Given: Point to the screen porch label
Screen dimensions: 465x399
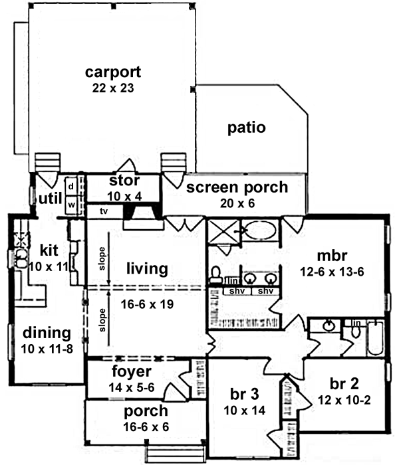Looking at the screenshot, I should tap(237, 187).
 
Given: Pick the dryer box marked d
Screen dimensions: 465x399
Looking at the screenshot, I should tap(70, 185).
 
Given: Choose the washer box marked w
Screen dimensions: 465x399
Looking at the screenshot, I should tap(70, 205).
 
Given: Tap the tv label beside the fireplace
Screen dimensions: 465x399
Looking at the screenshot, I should tap(102, 211).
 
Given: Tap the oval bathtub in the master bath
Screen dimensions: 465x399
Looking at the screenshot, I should tap(258, 232).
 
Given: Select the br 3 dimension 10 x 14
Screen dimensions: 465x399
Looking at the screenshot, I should tap(245, 410).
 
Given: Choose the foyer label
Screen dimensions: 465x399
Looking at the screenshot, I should tap(132, 371).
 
